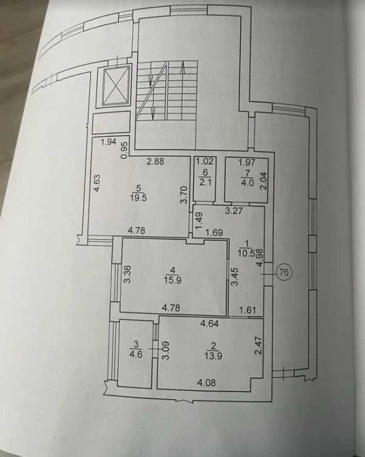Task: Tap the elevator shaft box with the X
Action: click(115, 86)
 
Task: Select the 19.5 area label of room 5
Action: click(139, 197)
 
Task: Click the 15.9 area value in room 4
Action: click(173, 280)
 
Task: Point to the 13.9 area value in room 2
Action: click(214, 355)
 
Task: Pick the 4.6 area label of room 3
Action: click(136, 355)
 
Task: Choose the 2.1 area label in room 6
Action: click(205, 182)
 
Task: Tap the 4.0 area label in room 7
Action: click(247, 183)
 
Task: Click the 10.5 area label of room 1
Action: click(246, 252)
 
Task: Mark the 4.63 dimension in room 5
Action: click(97, 183)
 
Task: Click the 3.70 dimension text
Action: click(184, 195)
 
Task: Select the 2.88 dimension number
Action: click(156, 161)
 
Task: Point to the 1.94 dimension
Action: click(108, 142)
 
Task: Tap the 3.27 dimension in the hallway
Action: click(234, 211)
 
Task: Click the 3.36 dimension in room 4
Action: click(127, 274)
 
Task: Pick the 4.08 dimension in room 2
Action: click(207, 382)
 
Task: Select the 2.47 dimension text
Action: click(259, 346)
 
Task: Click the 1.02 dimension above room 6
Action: click(205, 161)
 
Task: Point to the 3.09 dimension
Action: click(166, 351)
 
